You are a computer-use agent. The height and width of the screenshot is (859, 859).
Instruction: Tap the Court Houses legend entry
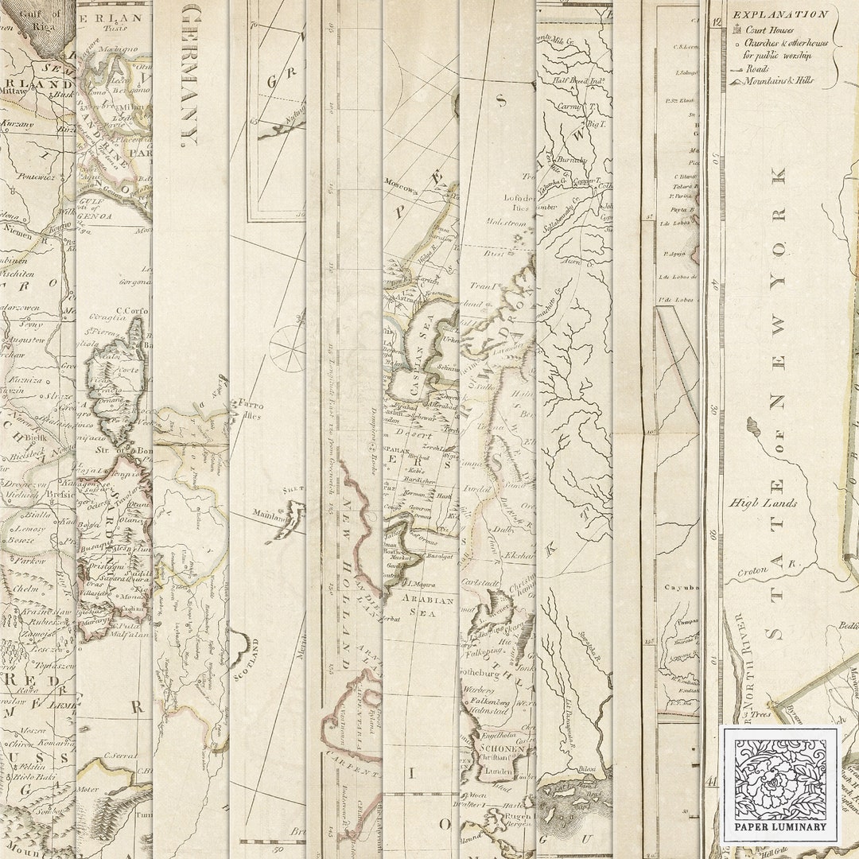pyautogui.click(x=769, y=30)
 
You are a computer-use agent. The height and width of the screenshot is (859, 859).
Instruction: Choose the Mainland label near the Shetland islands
pyautogui.click(x=271, y=515)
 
